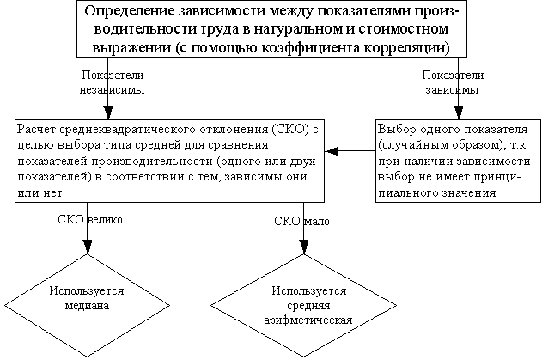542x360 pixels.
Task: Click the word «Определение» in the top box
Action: [x=130, y=11]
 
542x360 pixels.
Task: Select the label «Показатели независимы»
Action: [x=112, y=82]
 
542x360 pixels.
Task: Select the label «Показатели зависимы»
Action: [x=453, y=82]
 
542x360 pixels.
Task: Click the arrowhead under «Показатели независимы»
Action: [x=108, y=113]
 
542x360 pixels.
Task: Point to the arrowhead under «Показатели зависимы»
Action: [x=459, y=113]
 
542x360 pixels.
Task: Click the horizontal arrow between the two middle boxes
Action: [x=350, y=150]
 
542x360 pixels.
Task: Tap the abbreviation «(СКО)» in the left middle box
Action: [x=290, y=130]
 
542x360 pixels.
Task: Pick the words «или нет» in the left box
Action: [x=40, y=192]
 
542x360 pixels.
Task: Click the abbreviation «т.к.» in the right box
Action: [x=519, y=145]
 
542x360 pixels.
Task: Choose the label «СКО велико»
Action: [x=90, y=220]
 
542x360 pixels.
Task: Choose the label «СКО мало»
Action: [x=301, y=221]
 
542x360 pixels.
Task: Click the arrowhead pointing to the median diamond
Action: [x=88, y=247]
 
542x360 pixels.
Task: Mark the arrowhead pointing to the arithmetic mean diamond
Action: [x=304, y=247]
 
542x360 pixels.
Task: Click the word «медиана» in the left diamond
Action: [x=87, y=306]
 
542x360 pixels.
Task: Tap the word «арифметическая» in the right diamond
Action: [x=308, y=320]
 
